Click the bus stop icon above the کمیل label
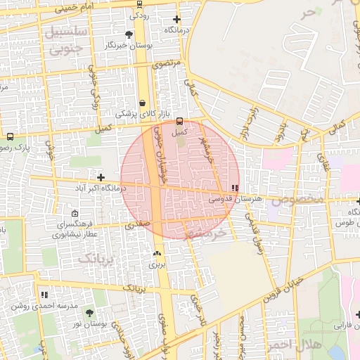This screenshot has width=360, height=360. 179,121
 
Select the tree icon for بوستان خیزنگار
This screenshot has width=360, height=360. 129,34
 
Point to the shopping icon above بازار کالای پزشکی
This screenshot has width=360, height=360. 143,103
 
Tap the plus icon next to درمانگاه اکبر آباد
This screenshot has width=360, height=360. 101,177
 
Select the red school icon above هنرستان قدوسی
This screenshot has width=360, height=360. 234,188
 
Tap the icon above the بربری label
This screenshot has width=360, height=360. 156,254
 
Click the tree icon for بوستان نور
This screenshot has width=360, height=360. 89,312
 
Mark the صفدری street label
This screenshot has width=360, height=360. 138,226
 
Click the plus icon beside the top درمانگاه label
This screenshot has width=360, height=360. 176,20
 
